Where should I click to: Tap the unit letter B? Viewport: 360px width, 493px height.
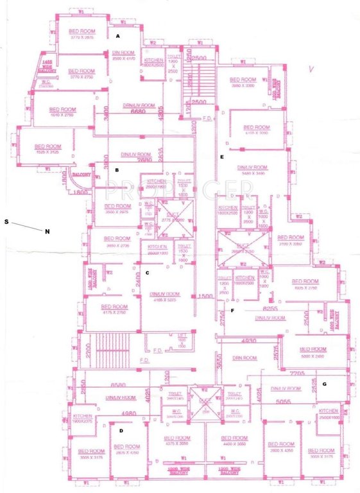pyautogui.click(x=117, y=170)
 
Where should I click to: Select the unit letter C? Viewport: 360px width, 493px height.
pyautogui.click(x=148, y=273)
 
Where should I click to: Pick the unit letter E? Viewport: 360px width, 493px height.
pyautogui.click(x=222, y=157)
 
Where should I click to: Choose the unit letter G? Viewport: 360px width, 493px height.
pyautogui.click(x=325, y=383)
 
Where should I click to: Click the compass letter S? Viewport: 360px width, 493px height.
pyautogui.click(x=6, y=221)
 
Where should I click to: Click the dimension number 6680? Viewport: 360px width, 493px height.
pyautogui.click(x=139, y=112)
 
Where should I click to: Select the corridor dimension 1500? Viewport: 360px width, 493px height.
pyautogui.click(x=205, y=296)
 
